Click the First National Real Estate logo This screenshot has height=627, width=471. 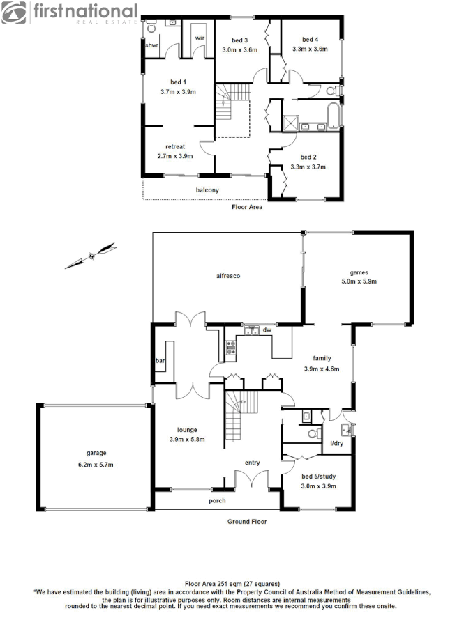tap(70, 12)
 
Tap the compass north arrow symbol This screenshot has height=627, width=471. tap(90, 256)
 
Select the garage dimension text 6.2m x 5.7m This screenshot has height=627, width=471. tap(96, 465)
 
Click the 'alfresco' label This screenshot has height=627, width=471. tap(227, 277)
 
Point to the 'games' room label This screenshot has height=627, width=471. tap(359, 272)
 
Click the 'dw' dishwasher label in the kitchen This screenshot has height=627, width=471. tap(267, 330)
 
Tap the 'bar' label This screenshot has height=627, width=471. tap(159, 361)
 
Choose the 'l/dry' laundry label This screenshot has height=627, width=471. tap(336, 442)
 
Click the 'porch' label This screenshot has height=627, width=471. tap(217, 501)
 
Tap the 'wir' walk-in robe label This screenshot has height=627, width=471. tap(200, 37)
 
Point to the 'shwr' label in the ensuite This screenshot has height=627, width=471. tap(151, 45)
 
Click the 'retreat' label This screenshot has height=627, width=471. tap(175, 147)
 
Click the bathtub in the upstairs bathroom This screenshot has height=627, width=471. tap(325, 112)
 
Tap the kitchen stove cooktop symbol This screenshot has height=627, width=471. tap(230, 347)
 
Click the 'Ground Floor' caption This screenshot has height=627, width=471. tap(247, 521)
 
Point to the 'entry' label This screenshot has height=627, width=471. tap(252, 463)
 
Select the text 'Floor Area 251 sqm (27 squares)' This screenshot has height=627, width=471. tap(232, 583)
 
